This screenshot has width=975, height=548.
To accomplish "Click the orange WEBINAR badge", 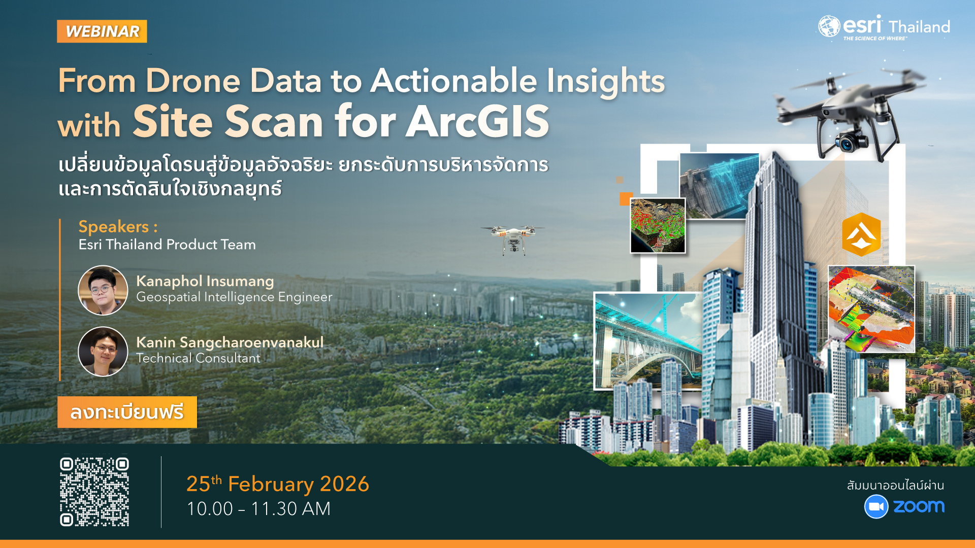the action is [102, 31].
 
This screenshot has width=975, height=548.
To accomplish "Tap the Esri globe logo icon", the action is [829, 26].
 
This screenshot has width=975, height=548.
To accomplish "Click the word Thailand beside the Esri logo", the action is [919, 27].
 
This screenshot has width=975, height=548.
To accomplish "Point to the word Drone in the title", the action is [193, 81].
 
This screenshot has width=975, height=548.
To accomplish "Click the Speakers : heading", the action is [118, 227].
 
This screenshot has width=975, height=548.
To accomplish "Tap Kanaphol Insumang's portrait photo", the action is [103, 290].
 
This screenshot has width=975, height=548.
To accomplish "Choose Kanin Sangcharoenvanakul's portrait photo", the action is [103, 352].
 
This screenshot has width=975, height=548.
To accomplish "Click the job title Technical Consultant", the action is [198, 358].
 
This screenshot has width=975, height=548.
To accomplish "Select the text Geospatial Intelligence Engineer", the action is [234, 297].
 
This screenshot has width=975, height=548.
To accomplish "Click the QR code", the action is [94, 492].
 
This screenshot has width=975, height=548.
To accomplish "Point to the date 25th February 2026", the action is [278, 484].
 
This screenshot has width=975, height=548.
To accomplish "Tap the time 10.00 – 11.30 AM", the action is [258, 509].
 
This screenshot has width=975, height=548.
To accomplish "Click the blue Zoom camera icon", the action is [876, 506].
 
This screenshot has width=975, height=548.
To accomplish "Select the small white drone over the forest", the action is [513, 238].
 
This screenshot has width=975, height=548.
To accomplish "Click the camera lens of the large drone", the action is [846, 144].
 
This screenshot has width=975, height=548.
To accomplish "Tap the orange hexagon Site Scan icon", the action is [861, 234].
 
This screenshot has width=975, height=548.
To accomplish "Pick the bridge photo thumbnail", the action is [647, 341].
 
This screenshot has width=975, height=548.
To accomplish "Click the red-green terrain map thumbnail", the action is [658, 225].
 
